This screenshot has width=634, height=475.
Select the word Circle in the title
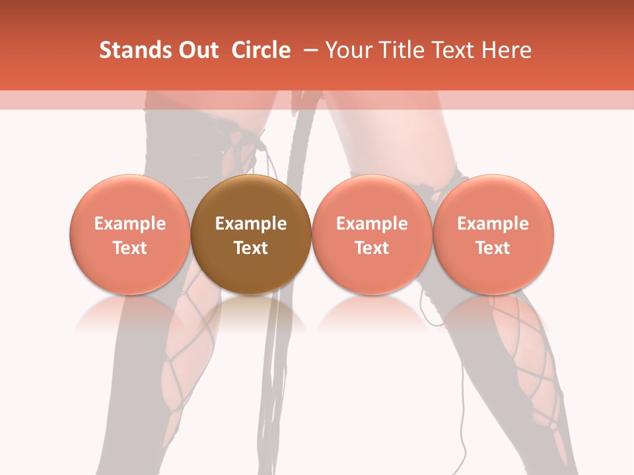[261, 50]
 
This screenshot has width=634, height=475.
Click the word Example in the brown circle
[251, 224]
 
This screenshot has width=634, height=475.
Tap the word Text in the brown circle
[251, 248]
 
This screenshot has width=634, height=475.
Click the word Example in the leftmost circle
[130, 224]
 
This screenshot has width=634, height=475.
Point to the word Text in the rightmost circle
[493, 248]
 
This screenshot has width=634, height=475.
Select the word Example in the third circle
[372, 224]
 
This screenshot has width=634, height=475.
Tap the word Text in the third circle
[372, 248]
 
